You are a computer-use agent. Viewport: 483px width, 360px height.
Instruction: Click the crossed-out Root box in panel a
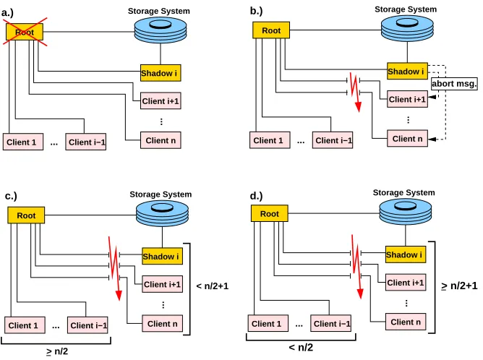pos(25,32)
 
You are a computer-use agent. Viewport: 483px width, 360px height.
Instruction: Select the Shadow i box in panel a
pos(161,73)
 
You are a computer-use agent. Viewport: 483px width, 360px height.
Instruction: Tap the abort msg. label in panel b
pos(454,83)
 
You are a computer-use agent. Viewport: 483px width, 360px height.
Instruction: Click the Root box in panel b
pos(271,30)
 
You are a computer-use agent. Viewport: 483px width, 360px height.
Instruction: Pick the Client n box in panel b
pos(407,139)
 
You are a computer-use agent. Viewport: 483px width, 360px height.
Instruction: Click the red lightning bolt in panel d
pos(356,266)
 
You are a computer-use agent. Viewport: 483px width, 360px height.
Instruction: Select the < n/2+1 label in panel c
pos(213,286)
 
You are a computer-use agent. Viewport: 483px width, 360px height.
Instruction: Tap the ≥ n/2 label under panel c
pos(57,351)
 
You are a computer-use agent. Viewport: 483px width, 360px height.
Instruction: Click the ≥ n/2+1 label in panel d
pos(459,286)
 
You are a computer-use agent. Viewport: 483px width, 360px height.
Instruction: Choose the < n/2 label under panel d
pos(301,348)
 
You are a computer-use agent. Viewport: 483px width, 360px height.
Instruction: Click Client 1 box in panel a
pos(23,142)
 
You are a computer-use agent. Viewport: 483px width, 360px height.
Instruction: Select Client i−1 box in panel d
pos(330,323)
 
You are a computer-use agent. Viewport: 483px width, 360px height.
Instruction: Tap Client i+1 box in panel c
pos(163,284)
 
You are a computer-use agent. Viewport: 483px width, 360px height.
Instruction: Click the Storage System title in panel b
pos(406,9)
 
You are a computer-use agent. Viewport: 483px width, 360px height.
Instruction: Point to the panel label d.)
pos(256,196)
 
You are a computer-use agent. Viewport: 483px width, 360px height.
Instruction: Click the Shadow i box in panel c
pos(163,256)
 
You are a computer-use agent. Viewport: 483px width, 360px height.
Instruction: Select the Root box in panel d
pos(270,213)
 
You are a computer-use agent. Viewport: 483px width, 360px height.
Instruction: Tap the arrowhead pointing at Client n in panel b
pos(432,140)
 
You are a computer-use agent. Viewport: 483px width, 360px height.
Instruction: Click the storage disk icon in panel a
pos(161,30)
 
